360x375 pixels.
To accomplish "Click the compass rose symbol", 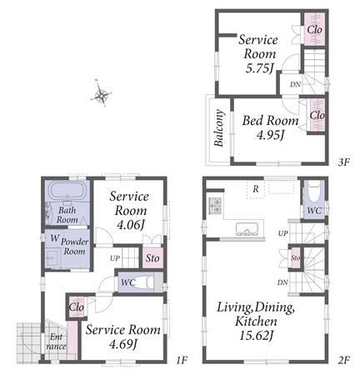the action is point(101,93).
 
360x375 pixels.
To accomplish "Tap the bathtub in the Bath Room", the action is point(67,191).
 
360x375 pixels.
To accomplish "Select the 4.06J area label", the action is point(130,225).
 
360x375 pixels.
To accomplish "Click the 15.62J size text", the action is point(257,336).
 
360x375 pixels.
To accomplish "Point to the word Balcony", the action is point(219,128).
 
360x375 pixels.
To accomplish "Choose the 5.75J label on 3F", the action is point(258,68).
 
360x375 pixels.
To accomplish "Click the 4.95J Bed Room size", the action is point(270,135).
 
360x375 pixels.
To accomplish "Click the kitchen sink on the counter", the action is point(247,229).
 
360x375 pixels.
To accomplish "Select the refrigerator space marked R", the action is point(256,189).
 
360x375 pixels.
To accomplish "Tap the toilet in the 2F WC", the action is point(314,192).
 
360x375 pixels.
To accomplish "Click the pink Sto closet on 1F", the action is point(152,258).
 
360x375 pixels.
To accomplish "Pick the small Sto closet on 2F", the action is point(295,257).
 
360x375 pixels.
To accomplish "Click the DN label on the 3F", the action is point(295,84).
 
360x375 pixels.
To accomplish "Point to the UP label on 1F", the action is point(115,258).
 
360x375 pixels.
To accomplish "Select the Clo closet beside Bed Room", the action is point(317,115).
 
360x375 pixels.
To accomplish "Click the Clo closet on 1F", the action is point(77,307).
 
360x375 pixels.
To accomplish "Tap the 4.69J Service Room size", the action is point(123,345).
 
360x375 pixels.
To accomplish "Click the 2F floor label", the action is point(343,360).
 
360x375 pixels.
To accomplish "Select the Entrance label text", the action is point(56,342).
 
